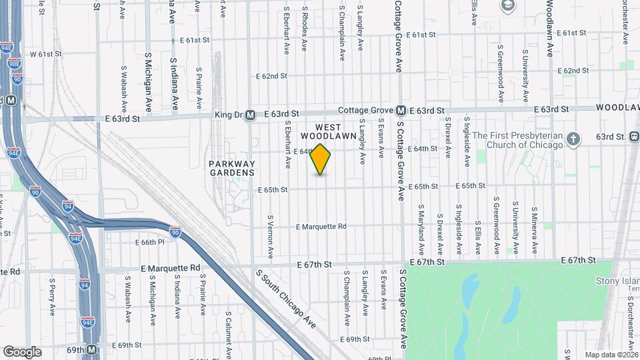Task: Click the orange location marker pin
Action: pyautogui.click(x=321, y=159)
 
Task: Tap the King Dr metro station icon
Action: pyautogui.click(x=250, y=115)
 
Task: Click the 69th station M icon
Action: pyautogui.click(x=92, y=349)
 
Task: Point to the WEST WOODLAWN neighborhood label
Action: pyautogui.click(x=319, y=131)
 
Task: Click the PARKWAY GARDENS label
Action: pyautogui.click(x=231, y=168)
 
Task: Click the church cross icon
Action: pyautogui.click(x=573, y=139)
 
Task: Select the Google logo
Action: pyautogui.click(x=22, y=351)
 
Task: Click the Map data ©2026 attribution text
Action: pyautogui.click(x=611, y=355)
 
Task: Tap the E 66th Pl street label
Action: pyautogui.click(x=149, y=242)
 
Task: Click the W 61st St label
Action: pyautogui.click(x=45, y=53)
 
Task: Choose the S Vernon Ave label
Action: pyautogui.click(x=271, y=237)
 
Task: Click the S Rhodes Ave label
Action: pyautogui.click(x=305, y=30)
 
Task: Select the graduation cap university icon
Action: pyautogui.click(x=508, y=5)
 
